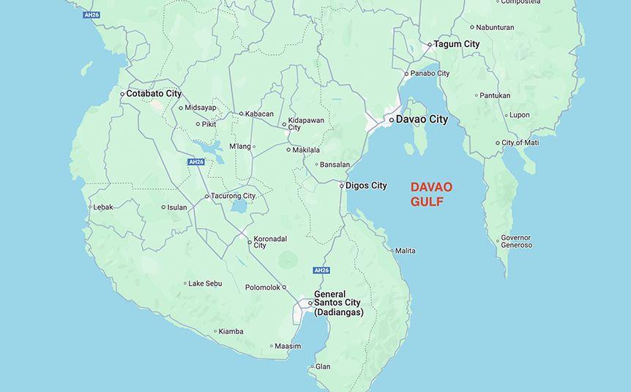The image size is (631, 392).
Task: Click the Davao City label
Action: click(x=422, y=119)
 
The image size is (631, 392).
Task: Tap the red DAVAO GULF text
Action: click(x=431, y=195)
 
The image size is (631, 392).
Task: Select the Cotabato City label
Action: click(x=154, y=94)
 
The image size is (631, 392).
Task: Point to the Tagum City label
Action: click(x=457, y=44)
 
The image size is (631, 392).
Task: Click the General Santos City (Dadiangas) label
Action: click(x=338, y=303)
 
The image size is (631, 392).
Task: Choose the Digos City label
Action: click(x=366, y=185)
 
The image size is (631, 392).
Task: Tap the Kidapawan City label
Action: click(x=306, y=124)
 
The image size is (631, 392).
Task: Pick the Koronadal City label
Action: click(x=270, y=242)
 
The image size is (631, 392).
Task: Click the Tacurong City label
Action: click(x=233, y=196)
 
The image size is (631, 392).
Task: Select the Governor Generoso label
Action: click(x=516, y=242)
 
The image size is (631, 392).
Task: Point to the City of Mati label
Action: click(x=520, y=143)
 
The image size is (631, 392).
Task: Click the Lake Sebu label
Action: click(x=205, y=284)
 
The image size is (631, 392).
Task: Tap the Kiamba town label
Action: click(x=231, y=331)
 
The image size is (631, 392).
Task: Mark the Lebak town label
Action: click(x=103, y=207)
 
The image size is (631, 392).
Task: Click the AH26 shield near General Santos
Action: click(x=321, y=270)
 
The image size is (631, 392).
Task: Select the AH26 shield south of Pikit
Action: click(x=195, y=162)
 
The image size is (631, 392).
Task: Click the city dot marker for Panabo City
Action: click(x=407, y=74)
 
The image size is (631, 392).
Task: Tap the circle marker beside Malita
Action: click(x=392, y=251)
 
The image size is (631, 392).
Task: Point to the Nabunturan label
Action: click(x=495, y=28)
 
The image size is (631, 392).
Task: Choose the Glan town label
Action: click(x=323, y=366)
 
